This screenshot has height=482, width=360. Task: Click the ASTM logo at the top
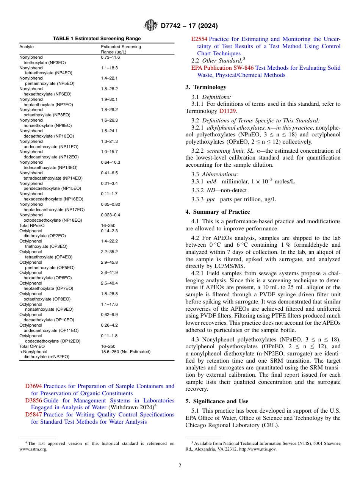click(x=151, y=26)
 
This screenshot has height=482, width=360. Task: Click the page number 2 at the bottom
click(x=180, y=465)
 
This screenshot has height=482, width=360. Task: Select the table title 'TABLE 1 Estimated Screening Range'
click(x=97, y=39)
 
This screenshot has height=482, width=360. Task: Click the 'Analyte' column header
click(x=27, y=47)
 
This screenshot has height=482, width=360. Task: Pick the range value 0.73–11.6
click(x=110, y=57)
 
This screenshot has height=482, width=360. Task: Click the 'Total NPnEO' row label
click(x=32, y=225)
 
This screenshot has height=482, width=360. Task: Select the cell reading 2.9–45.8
click(x=109, y=262)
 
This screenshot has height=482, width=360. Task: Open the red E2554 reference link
click(x=199, y=39)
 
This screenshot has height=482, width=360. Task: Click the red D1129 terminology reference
click(x=228, y=111)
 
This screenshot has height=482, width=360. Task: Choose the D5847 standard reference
click(x=33, y=415)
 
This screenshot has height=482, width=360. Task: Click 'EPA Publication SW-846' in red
click(x=222, y=68)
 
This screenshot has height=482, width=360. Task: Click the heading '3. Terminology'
click(x=206, y=87)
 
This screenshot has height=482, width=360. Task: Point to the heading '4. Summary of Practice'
click(x=218, y=212)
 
